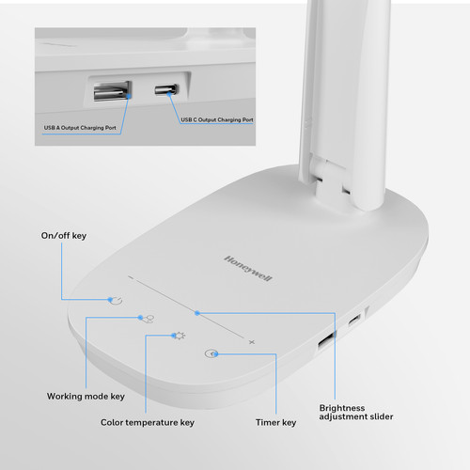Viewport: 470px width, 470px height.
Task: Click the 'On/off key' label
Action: pyautogui.click(x=64, y=236)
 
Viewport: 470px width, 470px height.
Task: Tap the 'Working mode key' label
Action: pyautogui.click(x=86, y=397)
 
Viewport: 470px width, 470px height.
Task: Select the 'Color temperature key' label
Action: pyautogui.click(x=148, y=422)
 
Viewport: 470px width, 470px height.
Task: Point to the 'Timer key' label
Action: pyautogui.click(x=275, y=422)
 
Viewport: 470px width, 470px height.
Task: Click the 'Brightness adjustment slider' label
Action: pyautogui.click(x=356, y=413)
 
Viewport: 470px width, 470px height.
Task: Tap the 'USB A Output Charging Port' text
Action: pyautogui.click(x=80, y=128)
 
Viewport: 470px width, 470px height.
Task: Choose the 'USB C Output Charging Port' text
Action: pyautogui.click(x=217, y=119)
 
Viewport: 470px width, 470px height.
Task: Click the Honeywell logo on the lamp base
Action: pyautogui.click(x=248, y=269)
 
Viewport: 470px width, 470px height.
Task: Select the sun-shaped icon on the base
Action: pyautogui.click(x=180, y=336)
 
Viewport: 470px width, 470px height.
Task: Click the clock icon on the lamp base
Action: pyautogui.click(x=211, y=353)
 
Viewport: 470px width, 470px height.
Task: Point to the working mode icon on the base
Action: pyautogui.click(x=148, y=319)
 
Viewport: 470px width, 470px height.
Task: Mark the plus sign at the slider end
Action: pyautogui.click(x=252, y=342)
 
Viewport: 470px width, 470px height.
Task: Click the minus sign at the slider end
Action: pyautogui.click(x=131, y=277)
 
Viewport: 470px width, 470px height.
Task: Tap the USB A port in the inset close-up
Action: pyautogui.click(x=112, y=91)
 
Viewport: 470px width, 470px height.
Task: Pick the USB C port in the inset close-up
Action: pyautogui.click(x=166, y=89)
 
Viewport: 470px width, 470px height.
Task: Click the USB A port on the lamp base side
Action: pyautogui.click(x=326, y=340)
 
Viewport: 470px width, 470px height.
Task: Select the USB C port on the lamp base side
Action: pyautogui.click(x=354, y=321)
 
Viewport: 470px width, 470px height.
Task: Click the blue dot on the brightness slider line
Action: pyautogui.click(x=197, y=313)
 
